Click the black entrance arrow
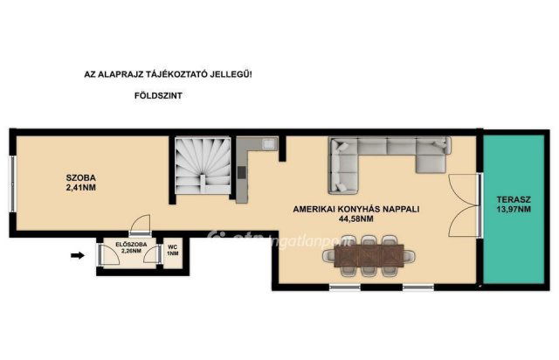click(x=78, y=255)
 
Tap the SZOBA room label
click(x=81, y=177)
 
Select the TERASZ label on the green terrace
click(x=514, y=200)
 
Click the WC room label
click(x=173, y=247)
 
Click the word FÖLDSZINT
click(x=158, y=95)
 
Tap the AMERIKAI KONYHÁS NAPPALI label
click(x=356, y=210)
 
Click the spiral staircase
click(x=203, y=166)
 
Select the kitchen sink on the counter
click(x=268, y=144)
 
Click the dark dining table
click(x=369, y=255)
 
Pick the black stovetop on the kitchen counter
click(x=242, y=173)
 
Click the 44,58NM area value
click(x=356, y=219)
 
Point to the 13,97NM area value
click(x=514, y=210)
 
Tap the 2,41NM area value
click(x=81, y=188)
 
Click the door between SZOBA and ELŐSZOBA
click(x=140, y=225)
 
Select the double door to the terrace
click(x=464, y=205)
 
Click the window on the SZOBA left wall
click(x=12, y=184)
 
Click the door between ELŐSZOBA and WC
click(x=152, y=255)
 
